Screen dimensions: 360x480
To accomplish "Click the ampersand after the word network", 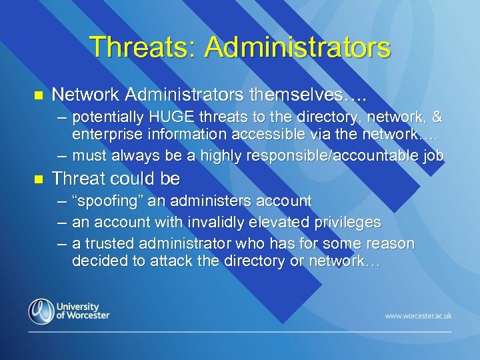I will pos(437,118).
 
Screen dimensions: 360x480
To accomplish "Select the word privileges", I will pos(343,222).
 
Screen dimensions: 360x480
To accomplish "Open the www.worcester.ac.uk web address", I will pos(417,315).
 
